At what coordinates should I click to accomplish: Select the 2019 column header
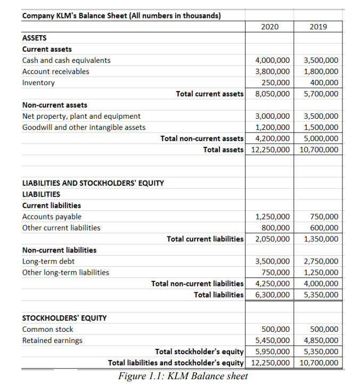(318, 27)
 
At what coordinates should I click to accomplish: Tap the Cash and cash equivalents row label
(67, 60)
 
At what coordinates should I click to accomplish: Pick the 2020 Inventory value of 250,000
(276, 83)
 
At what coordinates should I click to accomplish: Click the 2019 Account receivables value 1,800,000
(321, 71)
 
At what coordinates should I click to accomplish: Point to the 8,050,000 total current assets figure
(273, 94)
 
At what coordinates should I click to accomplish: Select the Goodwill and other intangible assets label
(84, 127)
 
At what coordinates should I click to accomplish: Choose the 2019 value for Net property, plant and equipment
(321, 116)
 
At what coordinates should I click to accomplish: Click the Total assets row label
(223, 150)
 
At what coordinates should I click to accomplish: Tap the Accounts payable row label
(52, 216)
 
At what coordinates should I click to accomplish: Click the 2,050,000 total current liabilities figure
(273, 239)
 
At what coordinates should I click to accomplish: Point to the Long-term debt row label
(48, 261)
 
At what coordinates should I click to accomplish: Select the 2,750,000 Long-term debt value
(321, 261)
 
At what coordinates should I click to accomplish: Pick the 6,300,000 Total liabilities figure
(273, 295)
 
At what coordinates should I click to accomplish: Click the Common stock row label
(48, 329)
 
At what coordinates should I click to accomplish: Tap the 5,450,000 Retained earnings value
(273, 340)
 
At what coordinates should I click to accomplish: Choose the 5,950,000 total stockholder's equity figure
(273, 352)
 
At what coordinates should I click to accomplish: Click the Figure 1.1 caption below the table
(184, 377)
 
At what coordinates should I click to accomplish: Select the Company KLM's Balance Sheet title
(121, 15)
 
